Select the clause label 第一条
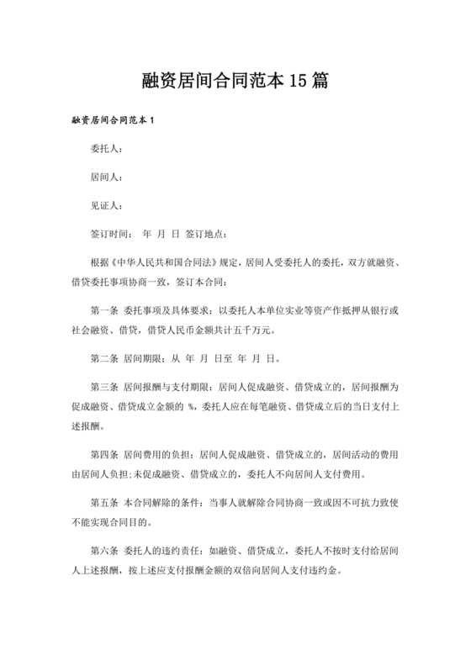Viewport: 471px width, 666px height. tap(103, 309)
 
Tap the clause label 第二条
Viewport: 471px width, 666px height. tap(103, 358)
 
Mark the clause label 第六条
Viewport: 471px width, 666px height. tap(103, 552)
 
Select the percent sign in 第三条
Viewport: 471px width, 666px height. tap(193, 407)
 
